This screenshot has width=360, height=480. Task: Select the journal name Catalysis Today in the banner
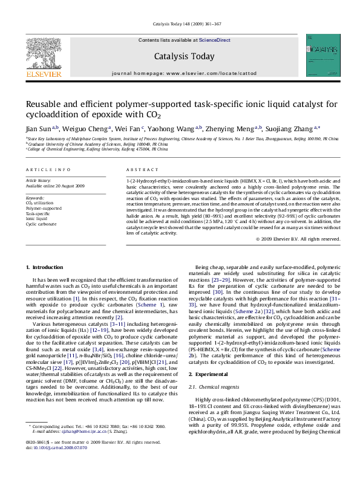tap(185, 56)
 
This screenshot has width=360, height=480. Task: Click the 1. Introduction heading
tap(45, 267)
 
